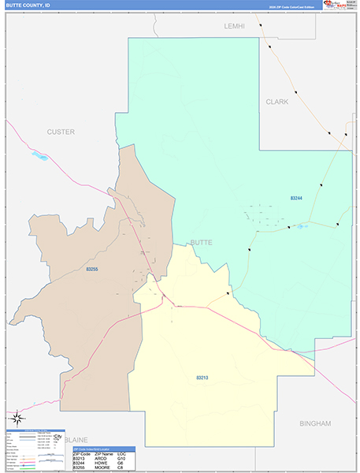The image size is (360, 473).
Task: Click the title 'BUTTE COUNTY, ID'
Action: click(x=28, y=5)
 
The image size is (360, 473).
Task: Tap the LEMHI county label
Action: click(x=235, y=26)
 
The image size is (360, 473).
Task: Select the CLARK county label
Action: click(x=276, y=102)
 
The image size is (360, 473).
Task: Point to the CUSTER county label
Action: click(x=61, y=132)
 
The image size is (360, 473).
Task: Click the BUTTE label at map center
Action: click(x=202, y=243)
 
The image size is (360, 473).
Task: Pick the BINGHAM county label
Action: click(x=315, y=423)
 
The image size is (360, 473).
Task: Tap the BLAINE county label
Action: click(x=76, y=439)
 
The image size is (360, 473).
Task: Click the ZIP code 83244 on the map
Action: click(x=296, y=198)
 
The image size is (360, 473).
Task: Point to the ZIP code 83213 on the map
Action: click(x=203, y=378)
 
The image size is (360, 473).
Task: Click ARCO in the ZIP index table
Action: click(x=101, y=459)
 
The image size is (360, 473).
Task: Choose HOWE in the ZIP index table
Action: click(x=101, y=464)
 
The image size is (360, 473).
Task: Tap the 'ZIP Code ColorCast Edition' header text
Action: click(x=291, y=6)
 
